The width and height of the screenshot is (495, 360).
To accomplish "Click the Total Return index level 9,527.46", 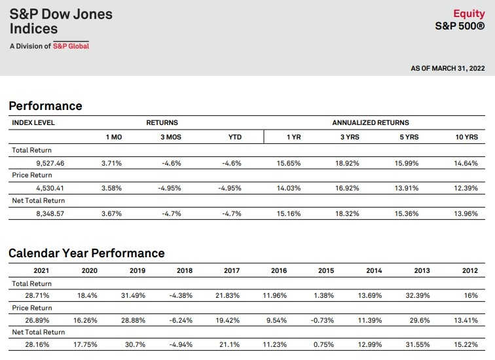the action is tap(50, 163).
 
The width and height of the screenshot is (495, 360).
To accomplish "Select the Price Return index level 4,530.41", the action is tap(50, 188).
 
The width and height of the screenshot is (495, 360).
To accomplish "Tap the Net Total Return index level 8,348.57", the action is tap(50, 213).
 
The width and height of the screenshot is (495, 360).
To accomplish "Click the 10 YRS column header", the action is tap(467, 137).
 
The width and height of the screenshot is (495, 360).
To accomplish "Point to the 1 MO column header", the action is tap(114, 137).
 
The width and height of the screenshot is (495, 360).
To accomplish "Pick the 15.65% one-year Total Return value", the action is tap(289, 163).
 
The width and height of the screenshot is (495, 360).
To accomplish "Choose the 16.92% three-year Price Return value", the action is tap(347, 188).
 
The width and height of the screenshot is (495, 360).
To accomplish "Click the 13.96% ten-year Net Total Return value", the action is tap(466, 213).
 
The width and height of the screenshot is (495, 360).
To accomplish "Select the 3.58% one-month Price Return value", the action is tap(111, 188).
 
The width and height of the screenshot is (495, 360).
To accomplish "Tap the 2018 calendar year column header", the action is tap(185, 270).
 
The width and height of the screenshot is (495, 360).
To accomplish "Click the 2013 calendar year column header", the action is tap(422, 270).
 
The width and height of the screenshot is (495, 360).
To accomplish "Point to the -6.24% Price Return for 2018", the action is tap(181, 320).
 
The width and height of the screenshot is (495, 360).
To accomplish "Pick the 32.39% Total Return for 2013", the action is tap(418, 295).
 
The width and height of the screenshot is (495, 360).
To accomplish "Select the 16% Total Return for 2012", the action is tap(471, 295).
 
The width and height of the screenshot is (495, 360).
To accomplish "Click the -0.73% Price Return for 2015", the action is tap(322, 320).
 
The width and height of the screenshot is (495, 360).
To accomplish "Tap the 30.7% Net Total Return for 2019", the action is tap(135, 344).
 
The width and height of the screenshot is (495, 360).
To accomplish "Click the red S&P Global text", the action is tap(71, 46).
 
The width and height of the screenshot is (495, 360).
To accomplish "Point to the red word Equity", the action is tap(469, 14).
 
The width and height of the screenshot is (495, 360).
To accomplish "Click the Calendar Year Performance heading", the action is tap(86, 253).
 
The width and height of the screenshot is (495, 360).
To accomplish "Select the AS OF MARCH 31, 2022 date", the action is tap(448, 68).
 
